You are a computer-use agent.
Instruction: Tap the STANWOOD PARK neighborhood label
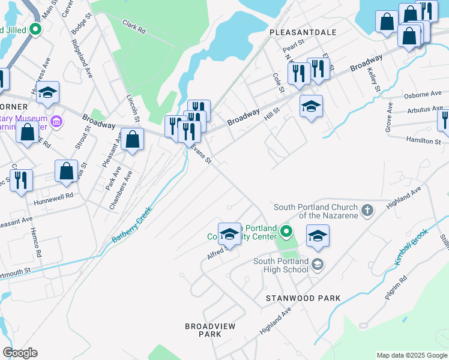[x=304, y=298]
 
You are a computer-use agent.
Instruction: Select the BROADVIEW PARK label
[x=210, y=330]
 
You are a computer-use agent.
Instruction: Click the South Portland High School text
[x=281, y=265]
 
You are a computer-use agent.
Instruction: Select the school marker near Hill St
[x=310, y=107]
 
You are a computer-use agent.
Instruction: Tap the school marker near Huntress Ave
[x=47, y=93]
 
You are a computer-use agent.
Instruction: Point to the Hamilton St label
[x=424, y=141]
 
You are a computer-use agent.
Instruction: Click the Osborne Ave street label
[x=423, y=95]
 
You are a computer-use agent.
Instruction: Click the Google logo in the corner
[x=20, y=353]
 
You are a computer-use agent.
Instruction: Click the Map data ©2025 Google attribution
[x=412, y=355]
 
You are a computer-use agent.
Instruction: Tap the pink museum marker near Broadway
[x=57, y=122]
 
